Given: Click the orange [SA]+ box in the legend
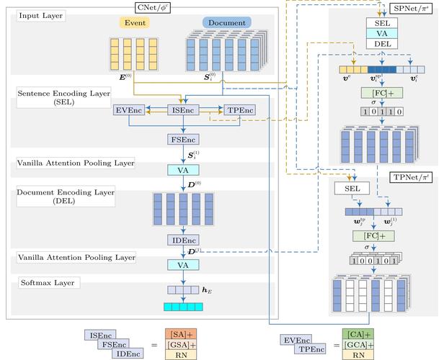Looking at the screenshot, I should point(178,334).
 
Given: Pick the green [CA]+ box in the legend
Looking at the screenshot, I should point(358,334).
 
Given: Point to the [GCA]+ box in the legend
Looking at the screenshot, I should point(358,344).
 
